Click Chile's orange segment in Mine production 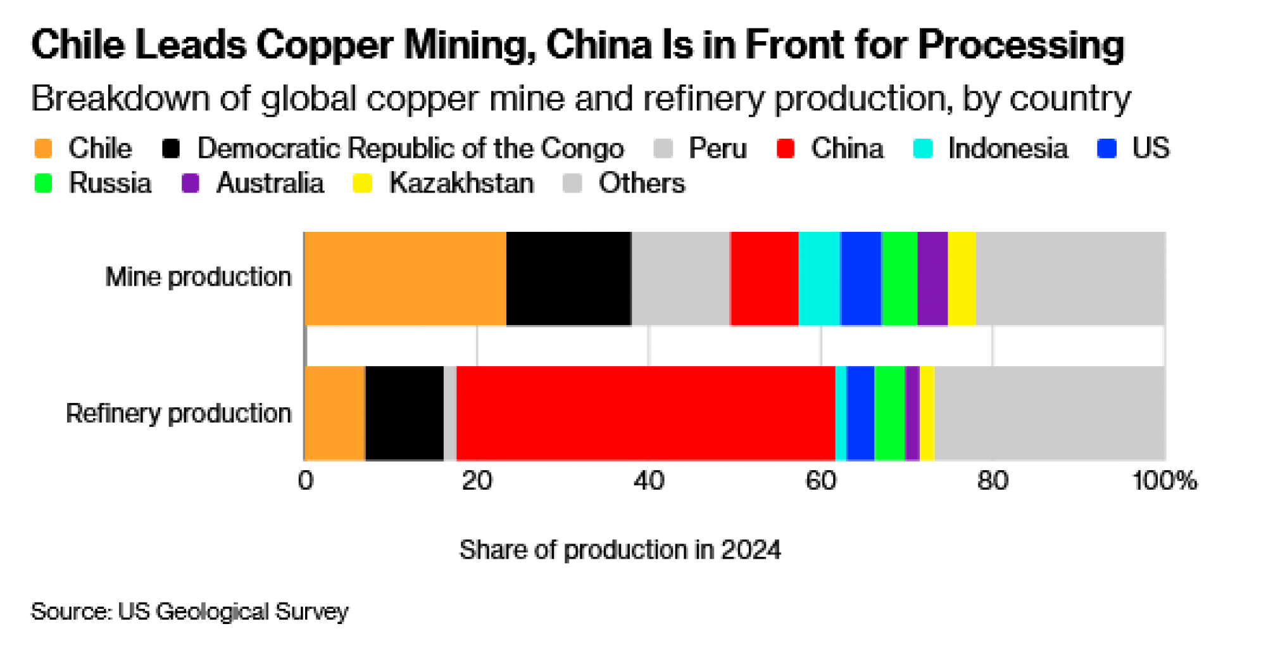(x=405, y=279)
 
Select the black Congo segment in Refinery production (x=404, y=413)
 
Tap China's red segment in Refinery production (x=646, y=413)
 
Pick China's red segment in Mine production (x=764, y=279)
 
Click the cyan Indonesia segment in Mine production (x=819, y=279)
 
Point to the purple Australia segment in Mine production (x=932, y=279)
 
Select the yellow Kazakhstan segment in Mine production (x=962, y=279)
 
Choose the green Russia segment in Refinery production (x=889, y=413)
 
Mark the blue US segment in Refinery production (x=860, y=413)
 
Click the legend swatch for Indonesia (x=923, y=149)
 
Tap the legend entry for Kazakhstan (x=461, y=184)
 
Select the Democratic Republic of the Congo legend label (x=410, y=149)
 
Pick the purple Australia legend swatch (x=191, y=184)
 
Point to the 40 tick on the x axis (x=649, y=481)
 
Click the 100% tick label (x=1163, y=481)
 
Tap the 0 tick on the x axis (x=306, y=481)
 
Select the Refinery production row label (x=179, y=413)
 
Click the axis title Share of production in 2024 (x=620, y=550)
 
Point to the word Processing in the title (x=1020, y=46)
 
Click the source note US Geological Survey (x=233, y=611)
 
